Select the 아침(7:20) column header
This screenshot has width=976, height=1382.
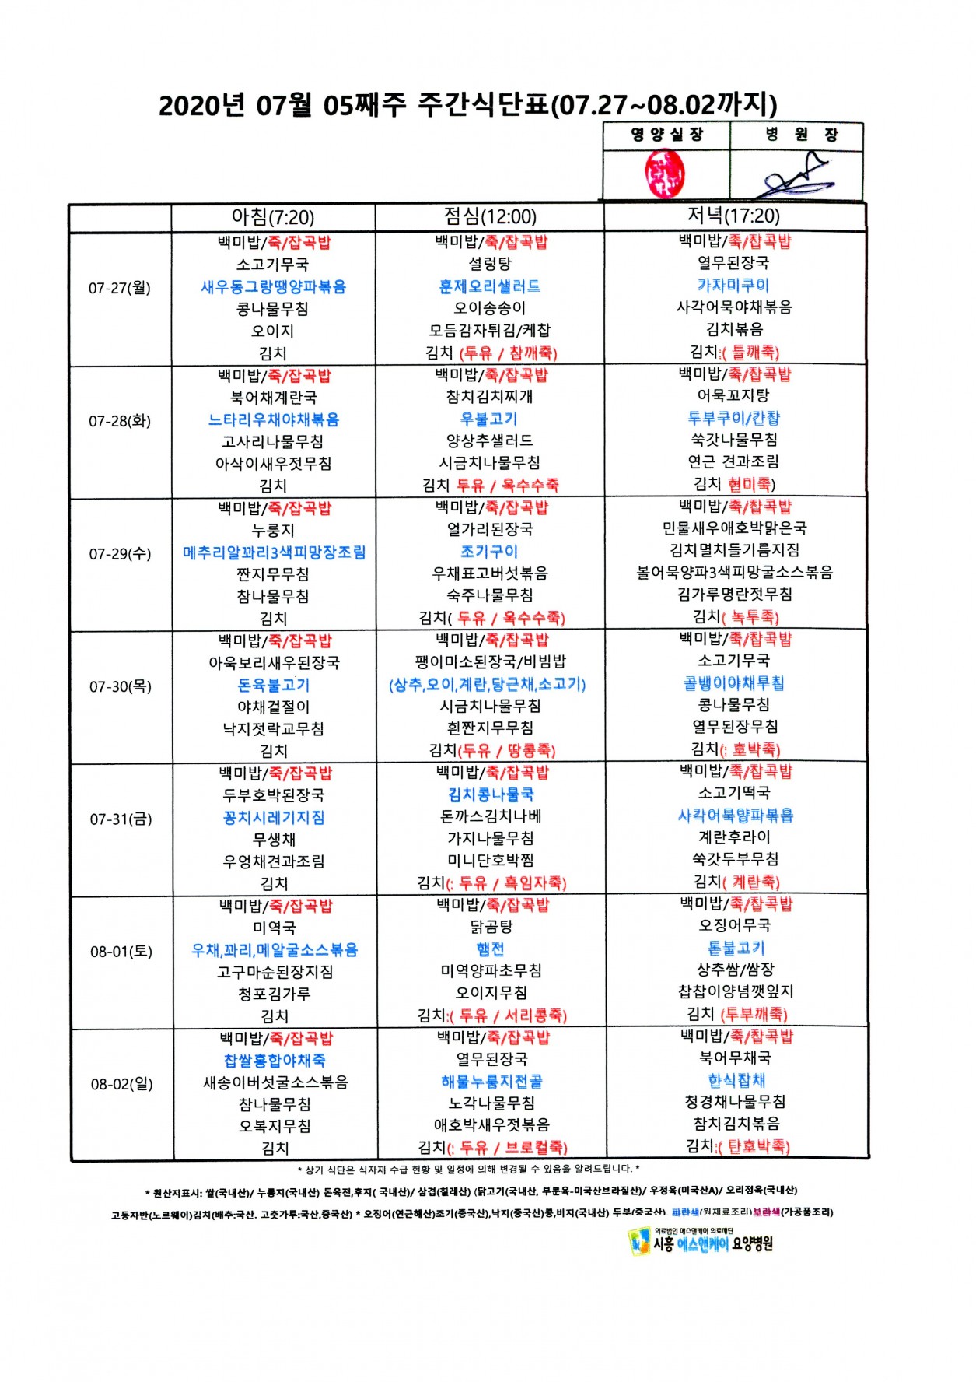tap(272, 217)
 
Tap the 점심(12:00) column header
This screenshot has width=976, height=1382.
tap(490, 216)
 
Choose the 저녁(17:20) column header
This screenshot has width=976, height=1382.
tap(733, 216)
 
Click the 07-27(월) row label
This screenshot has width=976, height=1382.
tap(120, 288)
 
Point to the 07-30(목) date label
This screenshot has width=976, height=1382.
tap(121, 686)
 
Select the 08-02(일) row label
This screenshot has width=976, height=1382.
tap(122, 1084)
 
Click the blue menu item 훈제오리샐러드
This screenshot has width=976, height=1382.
tap(490, 286)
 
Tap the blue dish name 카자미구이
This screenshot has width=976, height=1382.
tap(733, 286)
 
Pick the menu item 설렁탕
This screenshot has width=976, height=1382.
tap(490, 265)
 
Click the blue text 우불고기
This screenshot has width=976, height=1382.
tap(489, 419)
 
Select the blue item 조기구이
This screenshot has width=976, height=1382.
tap(489, 552)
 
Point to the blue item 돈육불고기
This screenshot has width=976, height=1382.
tap(274, 686)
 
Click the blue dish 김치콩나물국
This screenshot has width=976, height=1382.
tap(491, 794)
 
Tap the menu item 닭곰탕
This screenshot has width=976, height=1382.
tap(491, 927)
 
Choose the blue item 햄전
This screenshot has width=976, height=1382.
tap(491, 949)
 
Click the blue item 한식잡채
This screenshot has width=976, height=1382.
tap(736, 1080)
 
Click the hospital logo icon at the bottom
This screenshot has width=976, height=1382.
tap(639, 1242)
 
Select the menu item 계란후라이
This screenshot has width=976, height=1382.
tap(735, 837)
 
